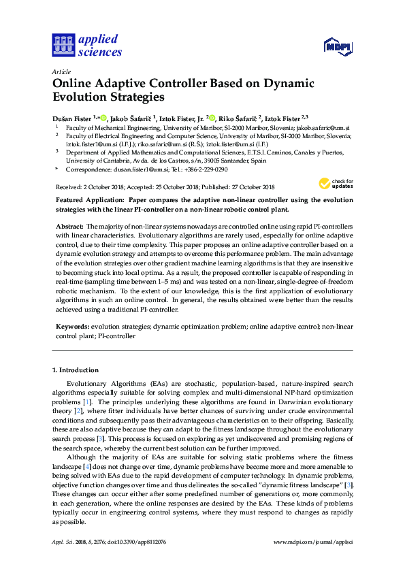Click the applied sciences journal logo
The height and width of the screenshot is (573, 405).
tap(87, 46)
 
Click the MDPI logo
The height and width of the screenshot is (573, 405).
tap(337, 46)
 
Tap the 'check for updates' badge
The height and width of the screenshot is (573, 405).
tap(331, 183)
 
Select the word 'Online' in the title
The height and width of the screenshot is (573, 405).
tap(74, 84)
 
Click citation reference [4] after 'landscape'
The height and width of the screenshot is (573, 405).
tap(86, 468)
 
